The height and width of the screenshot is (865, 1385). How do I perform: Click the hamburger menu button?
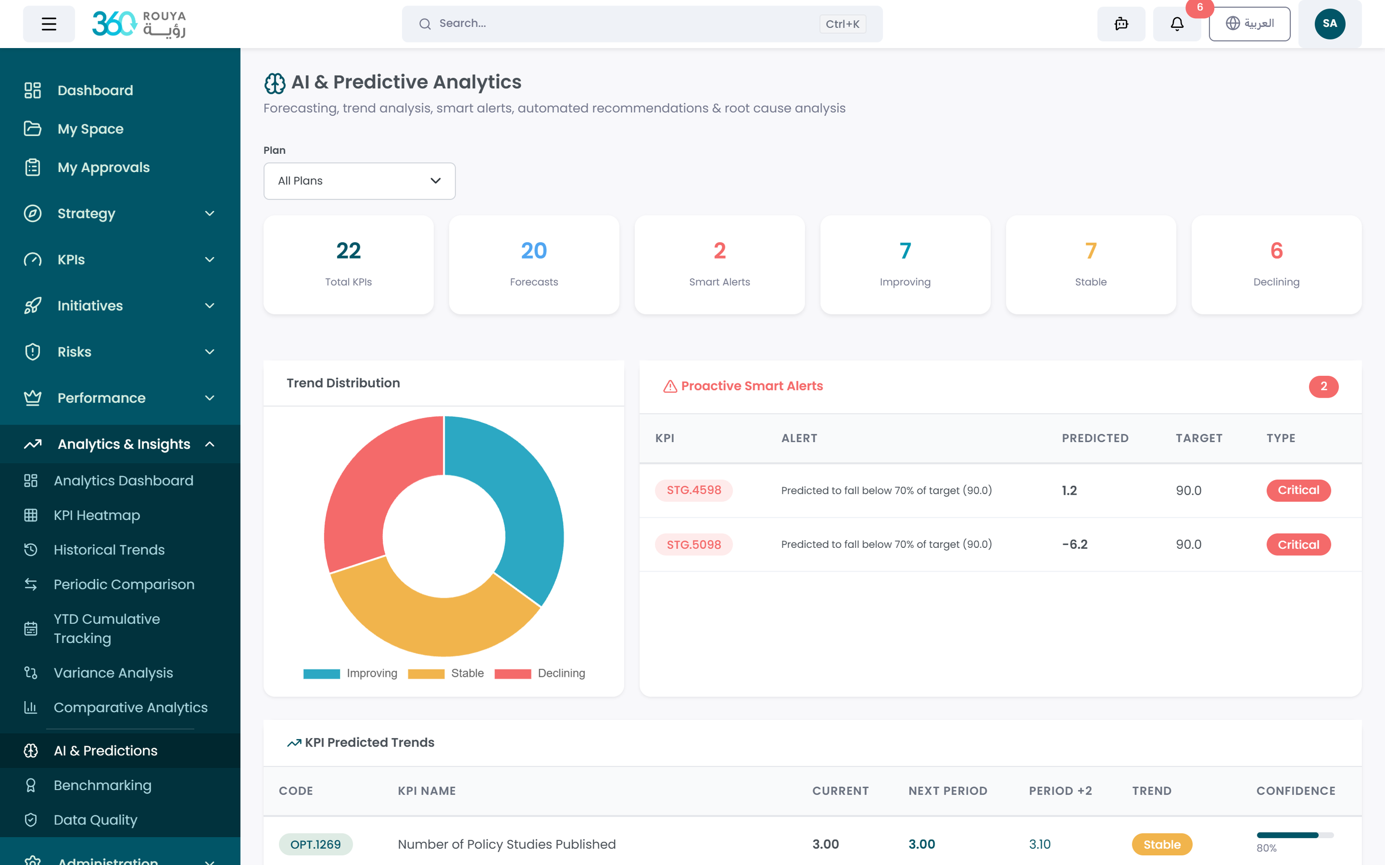coord(49,24)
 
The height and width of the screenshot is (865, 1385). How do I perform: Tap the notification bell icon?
coord(1176,24)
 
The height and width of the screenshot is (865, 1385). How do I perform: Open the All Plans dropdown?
coord(359,181)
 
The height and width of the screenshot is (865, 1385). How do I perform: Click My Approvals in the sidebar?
coord(103,167)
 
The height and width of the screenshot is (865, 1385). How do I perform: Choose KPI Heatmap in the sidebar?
coord(97,515)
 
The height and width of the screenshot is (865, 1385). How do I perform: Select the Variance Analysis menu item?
coord(113,673)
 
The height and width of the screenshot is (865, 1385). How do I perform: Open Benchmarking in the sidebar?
coord(102,786)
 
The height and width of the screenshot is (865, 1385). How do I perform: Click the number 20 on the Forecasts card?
coord(534,250)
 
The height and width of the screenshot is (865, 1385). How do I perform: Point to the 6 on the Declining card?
coord(1276,250)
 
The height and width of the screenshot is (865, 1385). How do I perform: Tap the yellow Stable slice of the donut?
coord(435,624)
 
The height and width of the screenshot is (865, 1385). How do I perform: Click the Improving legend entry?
coord(350,673)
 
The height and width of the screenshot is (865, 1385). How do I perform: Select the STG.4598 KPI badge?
coord(694,490)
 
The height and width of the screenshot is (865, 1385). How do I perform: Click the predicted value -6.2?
coord(1074,545)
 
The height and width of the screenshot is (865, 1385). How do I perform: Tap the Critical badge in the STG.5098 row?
coord(1298,545)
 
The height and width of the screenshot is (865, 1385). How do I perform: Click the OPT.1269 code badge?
coord(315,844)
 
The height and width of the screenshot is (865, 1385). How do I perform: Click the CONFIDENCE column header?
coord(1295,791)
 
